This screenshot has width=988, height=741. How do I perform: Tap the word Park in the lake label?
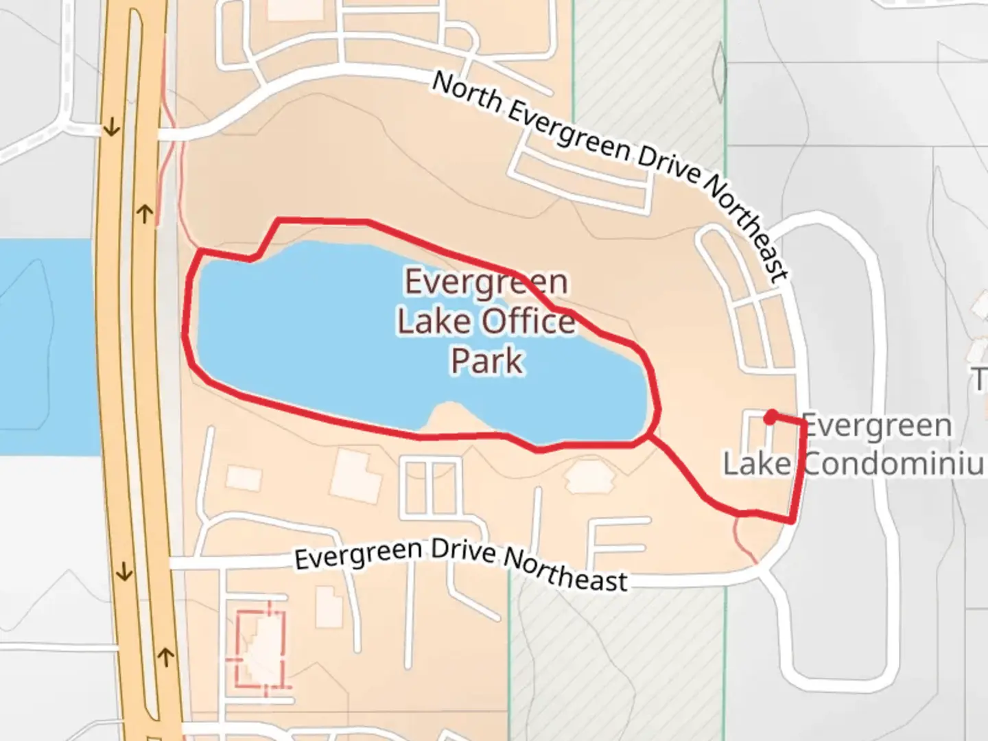(x=487, y=361)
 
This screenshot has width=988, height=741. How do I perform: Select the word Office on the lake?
(x=528, y=321)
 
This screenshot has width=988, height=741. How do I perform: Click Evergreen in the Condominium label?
(x=877, y=426)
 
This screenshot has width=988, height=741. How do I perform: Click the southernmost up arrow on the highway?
(x=165, y=657)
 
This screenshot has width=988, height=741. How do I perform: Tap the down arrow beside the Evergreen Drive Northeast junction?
(x=124, y=571)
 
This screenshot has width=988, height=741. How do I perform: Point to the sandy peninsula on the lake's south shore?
(x=449, y=419)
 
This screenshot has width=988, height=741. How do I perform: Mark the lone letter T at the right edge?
(x=980, y=379)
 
